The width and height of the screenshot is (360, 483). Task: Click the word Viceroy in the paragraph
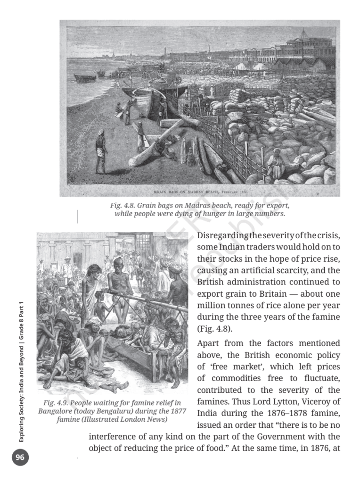pyautogui.click(x=316, y=402)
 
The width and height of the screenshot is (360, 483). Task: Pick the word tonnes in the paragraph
pyautogui.click(x=239, y=305)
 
